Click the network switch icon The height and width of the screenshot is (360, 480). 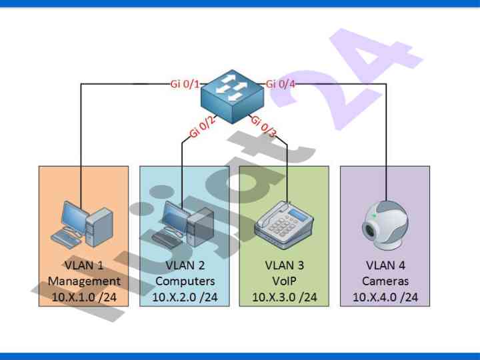233,97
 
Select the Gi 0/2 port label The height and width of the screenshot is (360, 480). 203,126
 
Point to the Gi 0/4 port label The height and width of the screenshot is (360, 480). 281,84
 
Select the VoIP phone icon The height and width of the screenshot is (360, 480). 283,224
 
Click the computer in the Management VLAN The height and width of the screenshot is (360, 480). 83,223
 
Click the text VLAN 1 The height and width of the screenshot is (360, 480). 85,265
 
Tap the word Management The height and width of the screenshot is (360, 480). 85,281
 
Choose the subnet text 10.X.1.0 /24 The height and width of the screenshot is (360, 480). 85,297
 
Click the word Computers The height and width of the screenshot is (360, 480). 185,281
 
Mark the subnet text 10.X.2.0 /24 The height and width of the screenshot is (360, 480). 185,297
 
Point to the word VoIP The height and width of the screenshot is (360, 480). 284,281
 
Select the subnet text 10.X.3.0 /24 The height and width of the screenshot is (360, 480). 284,297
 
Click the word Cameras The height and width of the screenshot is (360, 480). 385,281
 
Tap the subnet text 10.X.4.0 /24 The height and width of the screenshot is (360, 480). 385,297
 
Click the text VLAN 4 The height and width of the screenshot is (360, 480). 385,265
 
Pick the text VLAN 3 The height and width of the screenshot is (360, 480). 284,265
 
